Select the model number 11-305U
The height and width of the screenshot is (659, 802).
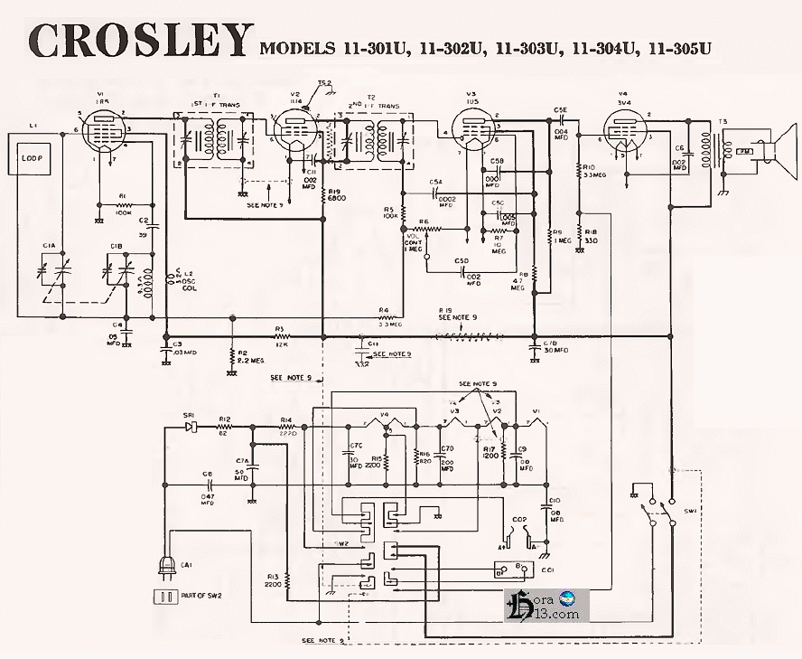tap(675, 48)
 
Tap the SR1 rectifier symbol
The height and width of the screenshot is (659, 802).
tap(190, 425)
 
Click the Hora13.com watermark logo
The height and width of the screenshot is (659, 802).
tap(546, 605)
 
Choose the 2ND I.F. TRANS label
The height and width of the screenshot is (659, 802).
tap(373, 106)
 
